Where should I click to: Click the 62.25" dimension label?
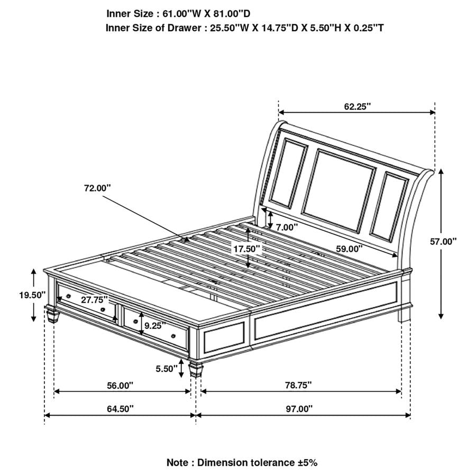pos(357,106)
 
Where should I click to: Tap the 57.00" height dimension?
pos(443,241)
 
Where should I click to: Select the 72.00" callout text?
pos(97,188)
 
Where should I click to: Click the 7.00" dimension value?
pos(287,227)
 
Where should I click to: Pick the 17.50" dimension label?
pos(248,248)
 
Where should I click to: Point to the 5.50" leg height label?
pos(167,369)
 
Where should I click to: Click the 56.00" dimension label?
pos(120,386)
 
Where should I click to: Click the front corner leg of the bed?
pos(196,369)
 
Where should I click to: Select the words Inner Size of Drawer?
pos(153,28)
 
